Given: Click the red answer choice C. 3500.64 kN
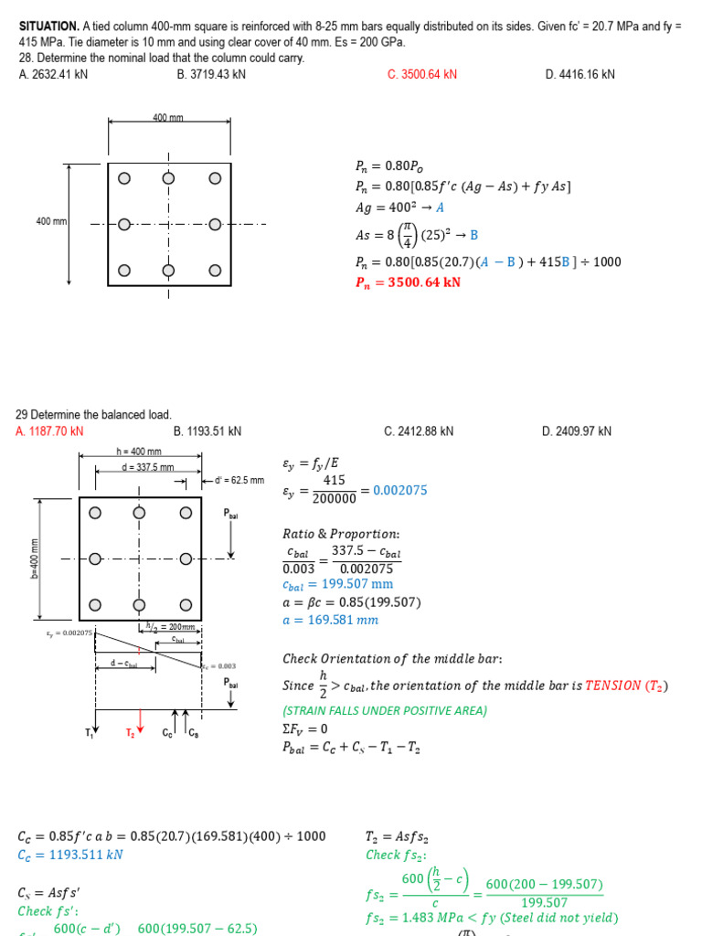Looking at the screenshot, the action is click(421, 74).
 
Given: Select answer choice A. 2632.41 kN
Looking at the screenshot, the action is click(53, 74).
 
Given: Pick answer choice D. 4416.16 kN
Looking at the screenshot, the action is click(580, 74).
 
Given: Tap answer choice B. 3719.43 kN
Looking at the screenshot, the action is click(211, 74).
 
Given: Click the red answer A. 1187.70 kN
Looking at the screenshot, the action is click(49, 431).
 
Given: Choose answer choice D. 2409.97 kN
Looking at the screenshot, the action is click(577, 431).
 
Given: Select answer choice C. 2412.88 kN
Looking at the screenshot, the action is click(419, 431).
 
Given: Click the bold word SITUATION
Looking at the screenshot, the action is click(49, 27).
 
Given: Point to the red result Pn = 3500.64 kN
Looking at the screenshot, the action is click(408, 282).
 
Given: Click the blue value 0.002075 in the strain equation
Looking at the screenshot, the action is click(399, 491).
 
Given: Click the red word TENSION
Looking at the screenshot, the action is click(614, 686).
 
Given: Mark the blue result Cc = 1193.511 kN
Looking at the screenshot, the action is click(70, 855).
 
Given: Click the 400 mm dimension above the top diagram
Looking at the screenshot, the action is click(168, 118).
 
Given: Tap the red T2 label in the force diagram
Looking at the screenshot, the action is click(130, 733).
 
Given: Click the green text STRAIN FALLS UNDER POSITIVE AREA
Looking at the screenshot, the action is click(385, 710).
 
